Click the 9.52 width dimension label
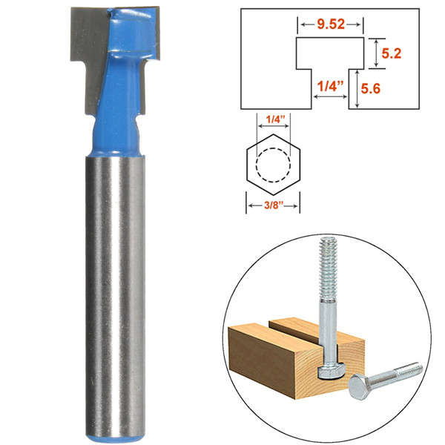pos(331,24)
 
